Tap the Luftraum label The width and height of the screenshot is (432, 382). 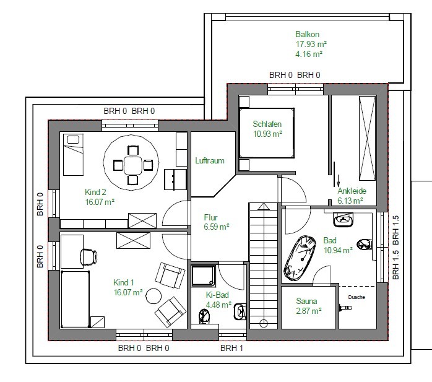(x=210, y=161)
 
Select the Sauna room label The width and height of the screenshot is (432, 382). (x=306, y=301)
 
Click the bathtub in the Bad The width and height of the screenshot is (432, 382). (x=300, y=258)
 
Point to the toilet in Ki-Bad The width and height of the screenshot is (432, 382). (x=204, y=316)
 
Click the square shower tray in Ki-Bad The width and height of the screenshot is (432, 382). (x=204, y=276)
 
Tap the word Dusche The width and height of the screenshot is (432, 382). (x=356, y=297)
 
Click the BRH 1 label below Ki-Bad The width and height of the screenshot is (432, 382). (x=231, y=349)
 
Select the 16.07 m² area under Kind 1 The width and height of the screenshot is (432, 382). (x=128, y=292)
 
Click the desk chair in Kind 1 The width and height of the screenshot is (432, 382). (x=89, y=256)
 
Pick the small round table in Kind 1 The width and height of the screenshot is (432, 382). (x=153, y=297)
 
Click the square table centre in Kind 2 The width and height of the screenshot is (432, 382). (x=133, y=166)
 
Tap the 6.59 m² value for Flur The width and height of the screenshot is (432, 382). (x=217, y=227)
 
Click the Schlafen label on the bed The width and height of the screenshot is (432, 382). (x=267, y=124)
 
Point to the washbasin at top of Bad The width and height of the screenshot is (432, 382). (x=343, y=220)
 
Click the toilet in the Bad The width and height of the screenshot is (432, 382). (x=364, y=244)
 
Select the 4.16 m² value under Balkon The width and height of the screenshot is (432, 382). (x=309, y=54)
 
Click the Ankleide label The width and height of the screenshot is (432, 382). (x=352, y=191)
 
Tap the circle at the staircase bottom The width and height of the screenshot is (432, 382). (x=264, y=323)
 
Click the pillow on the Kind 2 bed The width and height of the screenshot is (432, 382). (x=73, y=139)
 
